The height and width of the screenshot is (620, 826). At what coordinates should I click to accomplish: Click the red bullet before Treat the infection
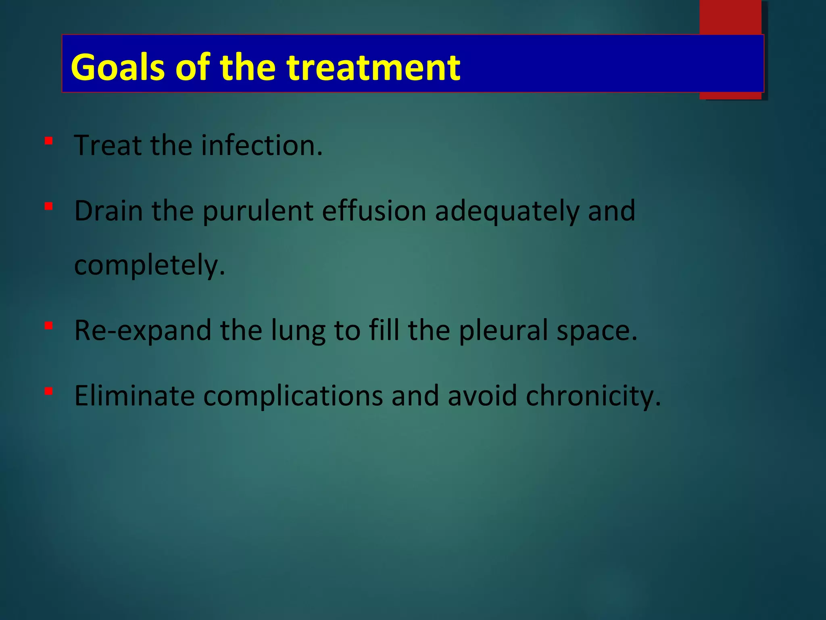pos(49,141)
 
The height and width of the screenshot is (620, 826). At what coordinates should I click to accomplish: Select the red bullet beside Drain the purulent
pos(49,207)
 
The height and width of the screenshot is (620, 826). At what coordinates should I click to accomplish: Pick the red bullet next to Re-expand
pos(49,326)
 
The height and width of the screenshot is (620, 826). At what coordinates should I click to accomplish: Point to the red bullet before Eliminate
pos(49,391)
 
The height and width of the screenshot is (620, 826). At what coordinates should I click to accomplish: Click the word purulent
pos(258,212)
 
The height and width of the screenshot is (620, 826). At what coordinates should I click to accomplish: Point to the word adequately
pos(507,212)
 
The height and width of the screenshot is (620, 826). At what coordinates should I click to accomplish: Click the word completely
pos(149,266)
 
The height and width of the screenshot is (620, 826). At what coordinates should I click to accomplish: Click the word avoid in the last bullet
pos(482,396)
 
